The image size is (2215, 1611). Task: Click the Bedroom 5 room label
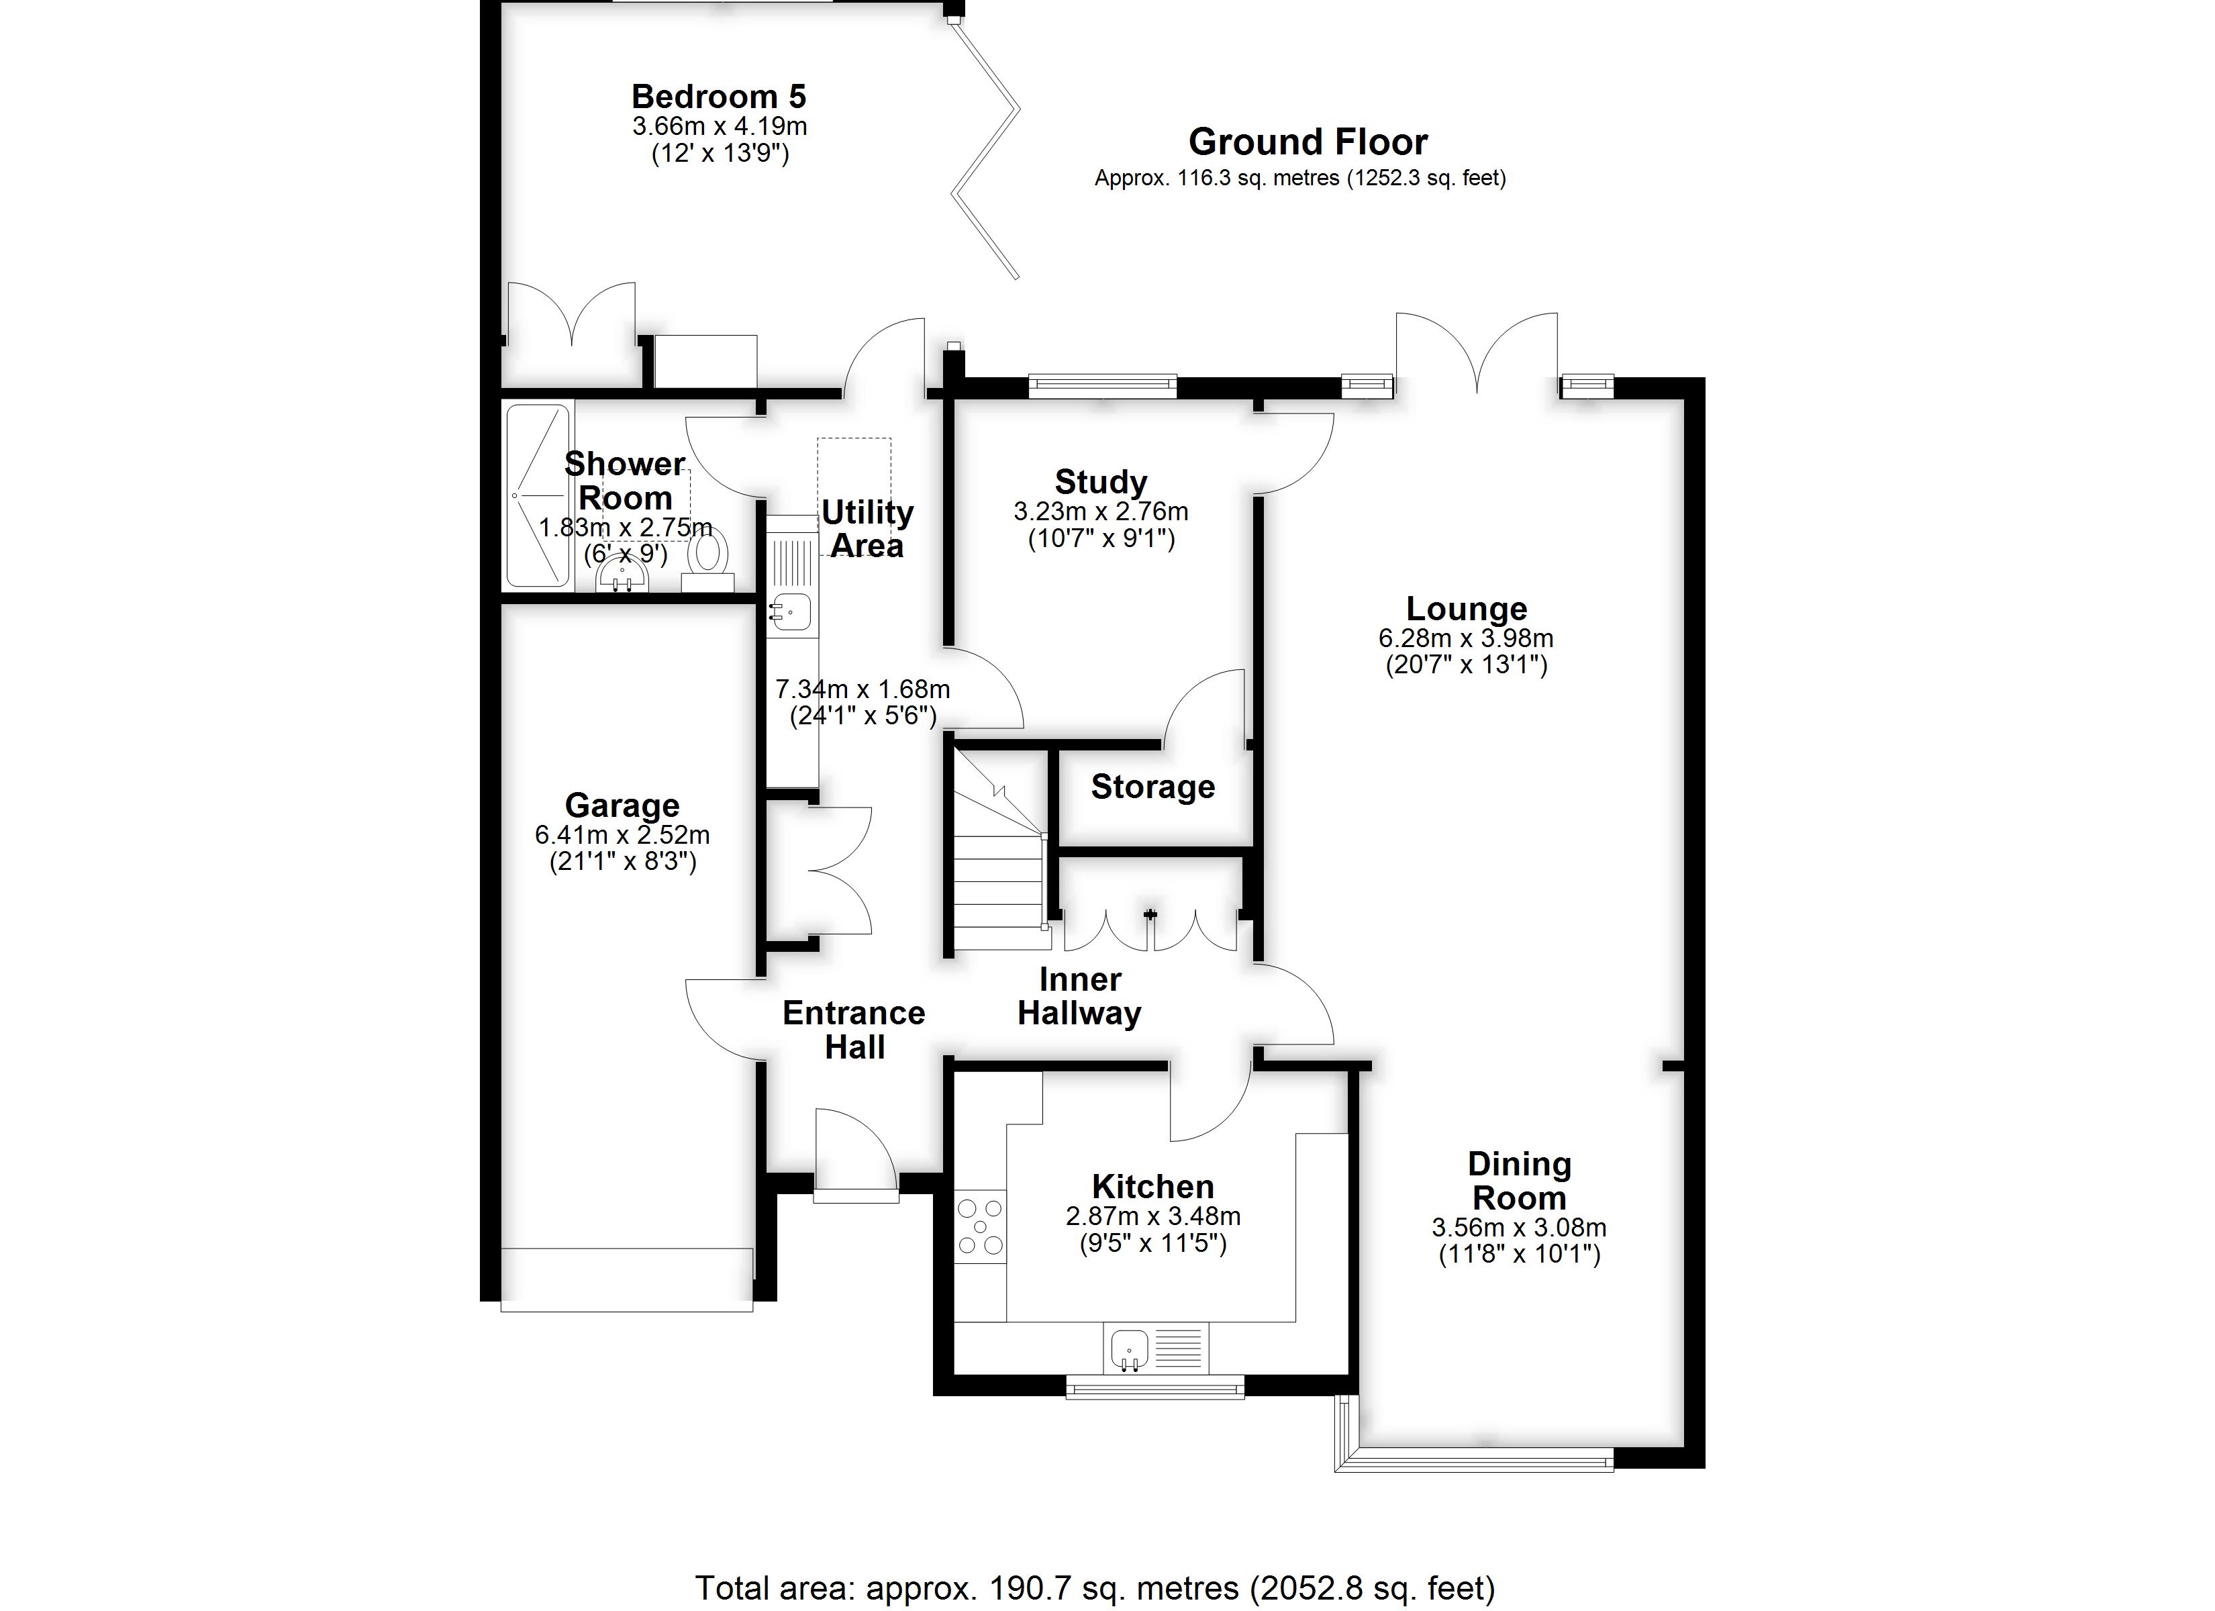click(719, 96)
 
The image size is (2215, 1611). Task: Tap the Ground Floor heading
click(1308, 142)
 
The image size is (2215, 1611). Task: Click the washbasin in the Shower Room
click(622, 570)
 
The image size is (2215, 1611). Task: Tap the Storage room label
click(1152, 787)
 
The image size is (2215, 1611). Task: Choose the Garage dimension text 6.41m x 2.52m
click(622, 835)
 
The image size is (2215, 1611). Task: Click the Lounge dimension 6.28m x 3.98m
click(1466, 638)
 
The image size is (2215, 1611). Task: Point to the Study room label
click(1101, 482)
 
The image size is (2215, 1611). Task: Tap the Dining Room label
click(1520, 1180)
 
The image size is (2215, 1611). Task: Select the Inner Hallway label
click(1079, 995)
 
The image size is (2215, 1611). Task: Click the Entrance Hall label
click(854, 1030)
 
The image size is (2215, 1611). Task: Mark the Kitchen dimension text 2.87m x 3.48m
click(1153, 1216)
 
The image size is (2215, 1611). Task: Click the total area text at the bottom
click(1095, 1588)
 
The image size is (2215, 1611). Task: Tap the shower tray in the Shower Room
click(536, 495)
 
